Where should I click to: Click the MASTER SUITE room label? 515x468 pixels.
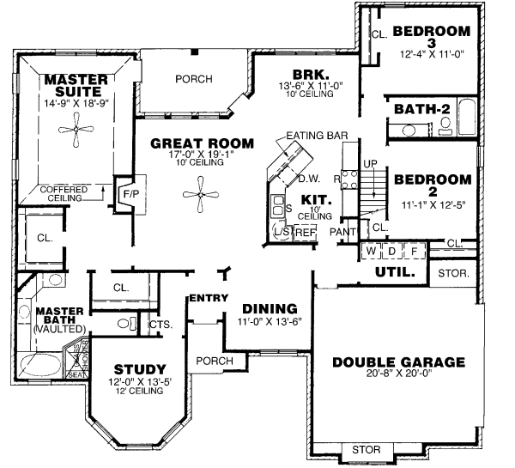point(76,87)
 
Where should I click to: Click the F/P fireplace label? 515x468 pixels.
point(131,194)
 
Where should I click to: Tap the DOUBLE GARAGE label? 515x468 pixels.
point(398,362)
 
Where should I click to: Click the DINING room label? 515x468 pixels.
point(270,309)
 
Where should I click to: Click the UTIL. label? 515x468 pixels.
point(395,272)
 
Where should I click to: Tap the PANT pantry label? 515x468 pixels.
point(342,232)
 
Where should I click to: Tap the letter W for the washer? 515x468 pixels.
point(372,252)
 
